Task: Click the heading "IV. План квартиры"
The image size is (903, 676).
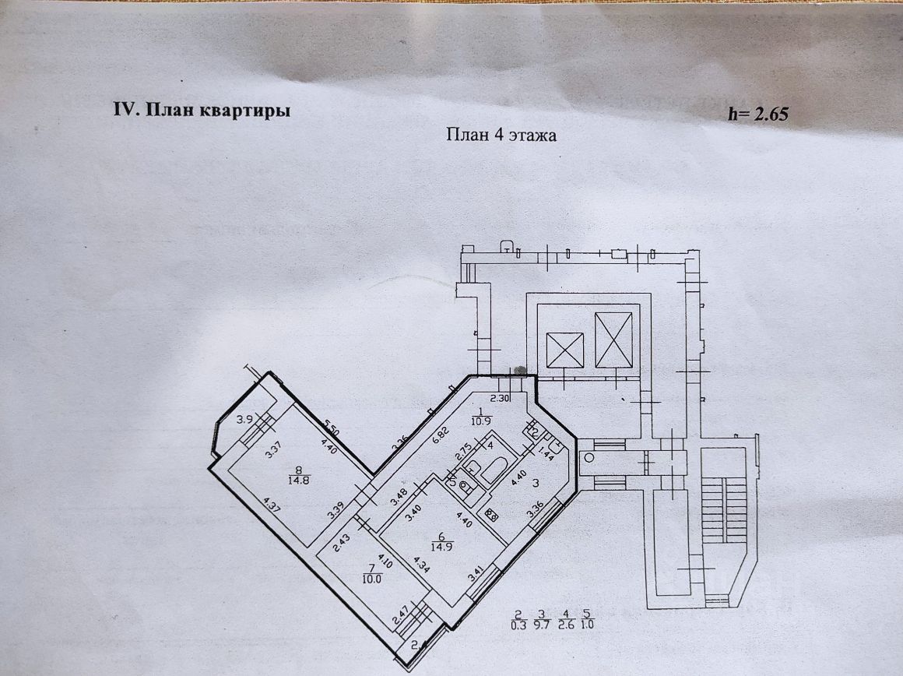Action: tap(202, 110)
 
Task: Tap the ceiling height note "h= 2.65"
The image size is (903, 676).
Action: tap(758, 114)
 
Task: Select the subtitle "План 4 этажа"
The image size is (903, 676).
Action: tap(501, 135)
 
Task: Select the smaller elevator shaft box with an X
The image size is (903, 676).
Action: tap(564, 350)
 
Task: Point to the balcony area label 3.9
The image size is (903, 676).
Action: tap(244, 420)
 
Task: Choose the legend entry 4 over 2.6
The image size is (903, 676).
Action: tap(566, 619)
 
